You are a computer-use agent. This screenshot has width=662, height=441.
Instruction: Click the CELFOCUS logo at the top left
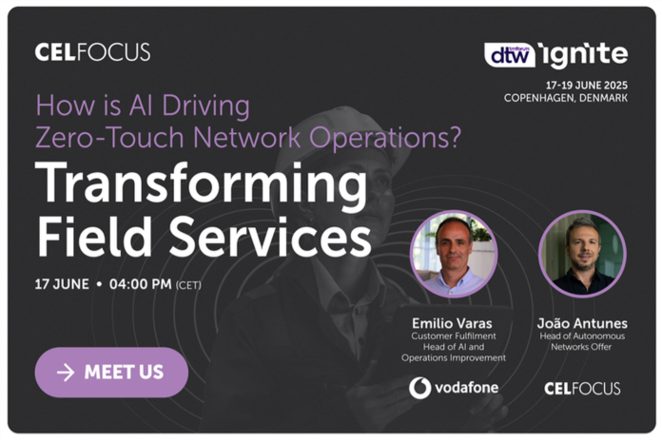(x=92, y=52)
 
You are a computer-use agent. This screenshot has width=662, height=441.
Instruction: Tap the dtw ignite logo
(x=556, y=55)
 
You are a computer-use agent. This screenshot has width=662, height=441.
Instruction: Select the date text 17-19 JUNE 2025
(x=587, y=86)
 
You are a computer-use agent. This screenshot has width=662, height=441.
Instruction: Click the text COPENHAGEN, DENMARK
(x=566, y=98)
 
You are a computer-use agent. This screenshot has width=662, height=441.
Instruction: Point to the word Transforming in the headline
(x=202, y=184)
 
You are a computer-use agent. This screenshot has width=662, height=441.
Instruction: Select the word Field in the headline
(x=94, y=237)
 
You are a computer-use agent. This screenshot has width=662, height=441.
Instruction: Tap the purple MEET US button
(x=111, y=373)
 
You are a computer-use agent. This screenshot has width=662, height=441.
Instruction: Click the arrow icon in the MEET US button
(x=66, y=373)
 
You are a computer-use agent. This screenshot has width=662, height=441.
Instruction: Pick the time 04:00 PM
(x=141, y=284)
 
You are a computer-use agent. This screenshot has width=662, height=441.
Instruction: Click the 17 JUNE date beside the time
(x=62, y=284)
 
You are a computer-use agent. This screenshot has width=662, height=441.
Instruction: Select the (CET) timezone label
(x=188, y=285)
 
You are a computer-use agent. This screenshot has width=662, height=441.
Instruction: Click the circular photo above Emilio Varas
(x=454, y=254)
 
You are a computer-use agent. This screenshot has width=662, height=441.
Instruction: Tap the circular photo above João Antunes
(x=582, y=254)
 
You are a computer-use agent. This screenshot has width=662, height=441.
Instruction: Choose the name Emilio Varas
(x=452, y=324)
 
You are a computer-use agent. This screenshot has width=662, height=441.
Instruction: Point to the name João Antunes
(x=582, y=324)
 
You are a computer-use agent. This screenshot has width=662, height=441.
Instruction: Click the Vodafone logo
(x=454, y=388)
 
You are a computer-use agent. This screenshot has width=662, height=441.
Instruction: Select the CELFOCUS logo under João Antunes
(x=582, y=388)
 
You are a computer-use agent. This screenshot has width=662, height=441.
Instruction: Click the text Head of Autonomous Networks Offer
(x=582, y=341)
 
